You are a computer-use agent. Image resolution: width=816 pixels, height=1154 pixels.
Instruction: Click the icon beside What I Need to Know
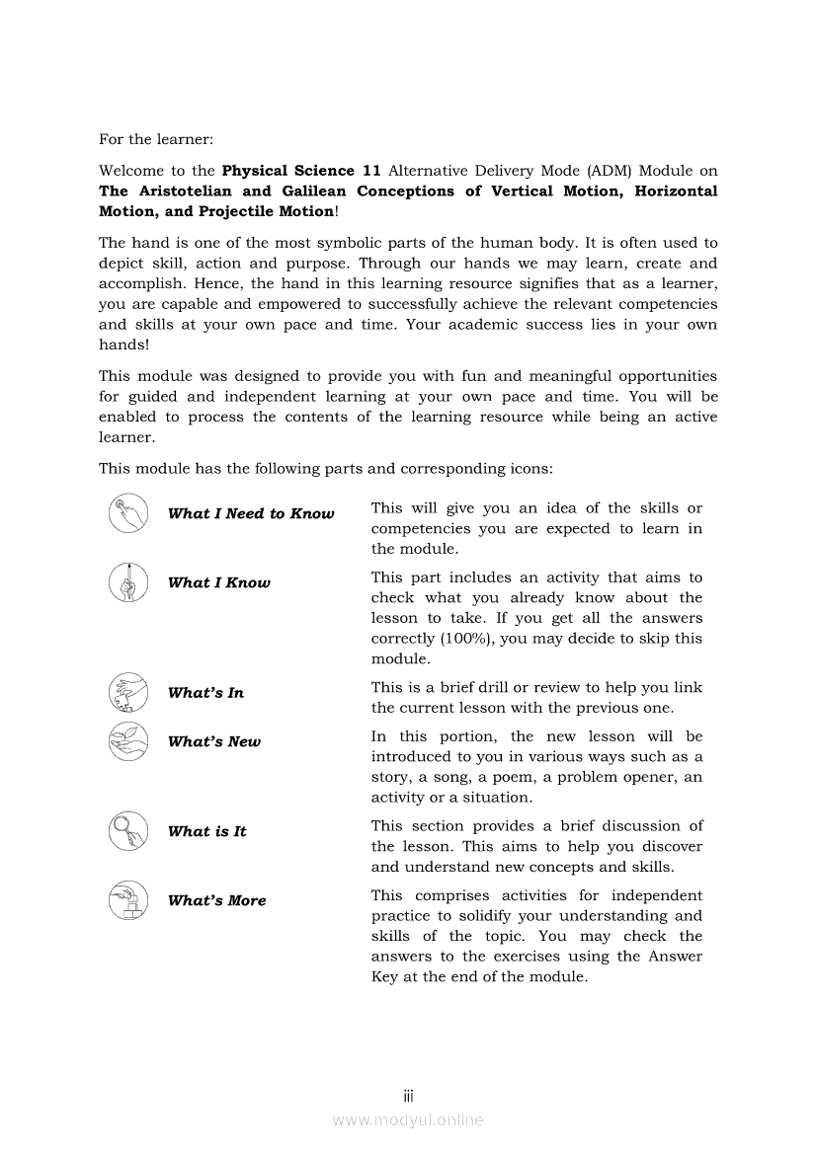pos(127,512)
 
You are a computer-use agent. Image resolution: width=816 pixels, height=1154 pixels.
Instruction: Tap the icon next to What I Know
pos(127,581)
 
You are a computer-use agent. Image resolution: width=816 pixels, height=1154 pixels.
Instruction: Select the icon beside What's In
pos(127,692)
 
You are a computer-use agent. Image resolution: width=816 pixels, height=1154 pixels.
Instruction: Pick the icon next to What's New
pos(127,741)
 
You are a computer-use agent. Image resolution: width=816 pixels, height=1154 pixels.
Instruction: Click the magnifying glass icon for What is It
pos(127,830)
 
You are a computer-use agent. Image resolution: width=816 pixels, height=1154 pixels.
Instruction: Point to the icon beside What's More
pos(127,899)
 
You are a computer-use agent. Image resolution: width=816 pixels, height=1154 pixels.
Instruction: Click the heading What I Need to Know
pos(251,513)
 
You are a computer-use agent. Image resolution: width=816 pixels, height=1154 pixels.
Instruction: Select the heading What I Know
pos(218,582)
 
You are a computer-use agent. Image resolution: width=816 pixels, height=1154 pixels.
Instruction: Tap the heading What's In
pos(205,693)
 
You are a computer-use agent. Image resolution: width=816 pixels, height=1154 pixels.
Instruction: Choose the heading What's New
pos(214,742)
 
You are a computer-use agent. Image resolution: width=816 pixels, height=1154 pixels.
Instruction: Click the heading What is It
pos(206,831)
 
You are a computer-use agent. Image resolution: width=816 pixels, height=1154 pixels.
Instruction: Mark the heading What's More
pos(216,900)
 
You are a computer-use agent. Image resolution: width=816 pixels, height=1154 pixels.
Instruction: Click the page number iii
pos(407,1096)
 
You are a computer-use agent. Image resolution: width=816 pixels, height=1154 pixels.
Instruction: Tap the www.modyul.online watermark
pos(407,1120)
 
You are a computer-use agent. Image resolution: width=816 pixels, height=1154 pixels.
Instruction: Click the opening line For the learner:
pos(156,140)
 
